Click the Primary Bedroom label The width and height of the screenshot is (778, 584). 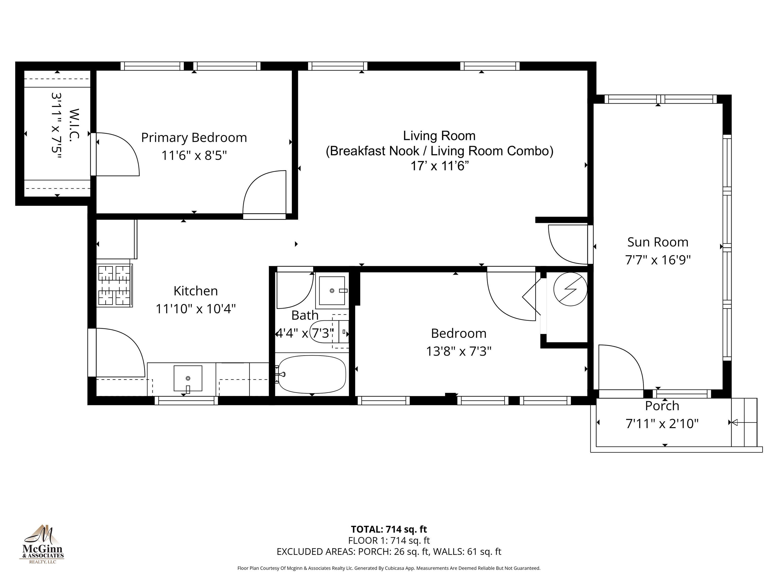coord(194,138)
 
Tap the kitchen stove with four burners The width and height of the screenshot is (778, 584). coord(114,285)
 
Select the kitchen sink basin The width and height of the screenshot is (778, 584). coord(188,378)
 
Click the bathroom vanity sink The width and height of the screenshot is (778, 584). coord(332,290)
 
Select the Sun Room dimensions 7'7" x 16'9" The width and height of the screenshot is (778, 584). coord(658,260)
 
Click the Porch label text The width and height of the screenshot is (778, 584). coord(662,406)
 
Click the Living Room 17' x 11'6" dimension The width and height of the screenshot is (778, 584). coord(439,166)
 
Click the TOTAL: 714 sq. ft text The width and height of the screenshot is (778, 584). coord(389,529)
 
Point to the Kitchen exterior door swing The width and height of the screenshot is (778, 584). coord(120,352)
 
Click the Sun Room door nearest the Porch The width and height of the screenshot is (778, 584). coord(620,368)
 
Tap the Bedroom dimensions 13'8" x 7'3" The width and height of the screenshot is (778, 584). coord(459,351)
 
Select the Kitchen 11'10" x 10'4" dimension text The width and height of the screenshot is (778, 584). coord(196,309)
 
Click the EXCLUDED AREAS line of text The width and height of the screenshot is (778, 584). coord(389,552)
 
